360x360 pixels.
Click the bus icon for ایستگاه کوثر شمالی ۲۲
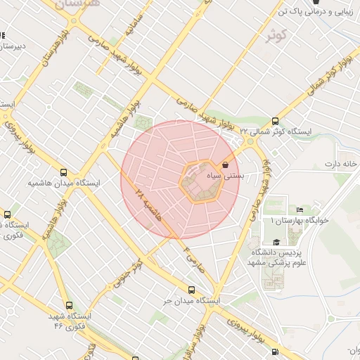tap(275, 120)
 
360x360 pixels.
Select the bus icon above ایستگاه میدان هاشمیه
tap(64, 172)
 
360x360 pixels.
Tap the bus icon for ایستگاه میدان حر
tap(191, 290)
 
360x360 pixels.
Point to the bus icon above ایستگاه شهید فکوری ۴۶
tap(68, 305)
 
